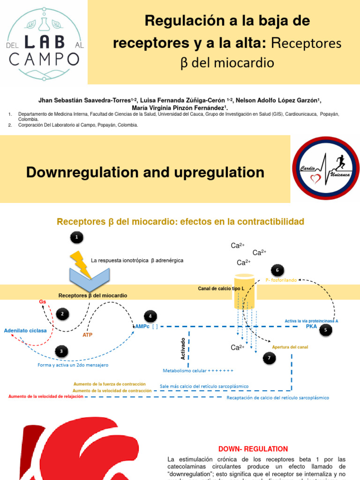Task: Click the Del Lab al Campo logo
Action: [x=44, y=43]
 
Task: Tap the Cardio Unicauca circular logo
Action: [x=325, y=169]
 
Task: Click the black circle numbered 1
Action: [x=77, y=238]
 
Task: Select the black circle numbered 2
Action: [x=62, y=314]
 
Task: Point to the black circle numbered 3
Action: [x=60, y=351]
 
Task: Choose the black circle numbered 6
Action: [x=277, y=270]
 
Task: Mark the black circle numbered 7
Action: [x=269, y=359]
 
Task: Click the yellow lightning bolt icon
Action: [x=81, y=264]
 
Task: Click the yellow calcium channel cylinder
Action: [x=244, y=292]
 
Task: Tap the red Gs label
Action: [x=42, y=301]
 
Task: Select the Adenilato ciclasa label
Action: [x=25, y=330]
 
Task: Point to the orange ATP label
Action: [x=88, y=335]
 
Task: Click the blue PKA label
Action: [x=312, y=326]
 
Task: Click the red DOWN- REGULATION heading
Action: [x=253, y=449]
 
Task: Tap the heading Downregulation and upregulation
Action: [x=145, y=172]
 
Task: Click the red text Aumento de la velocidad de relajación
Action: [x=46, y=396]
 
